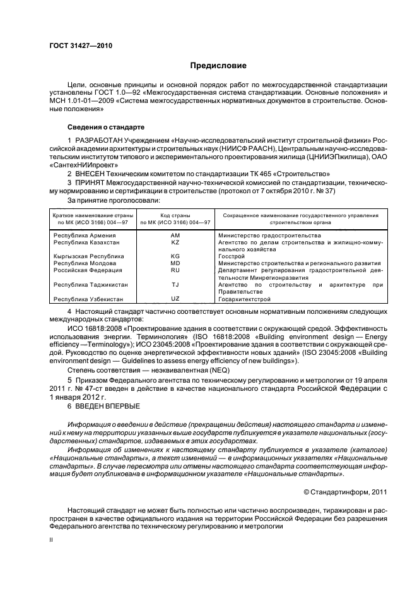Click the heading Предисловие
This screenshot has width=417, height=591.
coord(218,66)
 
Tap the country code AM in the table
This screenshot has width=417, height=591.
coord(175,235)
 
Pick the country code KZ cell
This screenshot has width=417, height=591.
coord(175,242)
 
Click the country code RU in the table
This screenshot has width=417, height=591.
coord(175,270)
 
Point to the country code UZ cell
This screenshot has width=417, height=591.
coord(175,298)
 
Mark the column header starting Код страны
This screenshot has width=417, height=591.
coord(175,219)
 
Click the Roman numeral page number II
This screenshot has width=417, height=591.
coord(52,540)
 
